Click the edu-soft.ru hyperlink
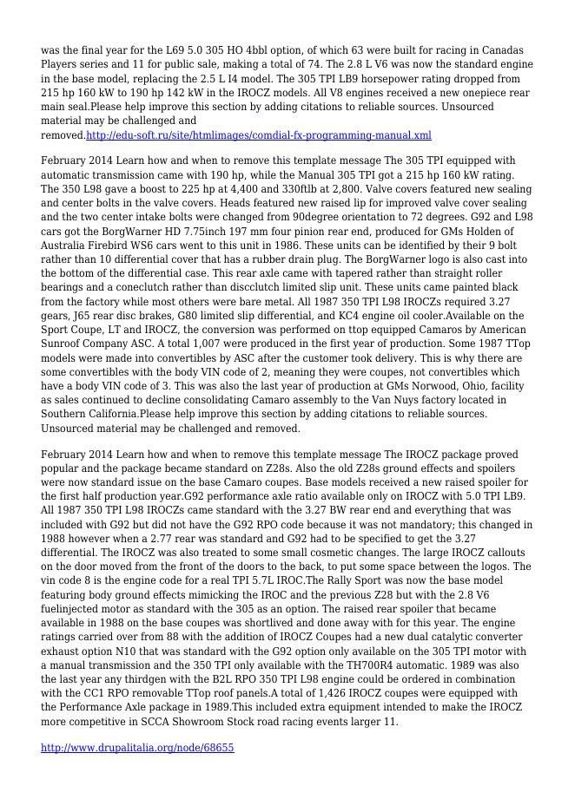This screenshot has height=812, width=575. [x=258, y=135]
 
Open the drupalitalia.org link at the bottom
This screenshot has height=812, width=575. [x=137, y=747]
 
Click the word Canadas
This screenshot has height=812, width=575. [x=505, y=50]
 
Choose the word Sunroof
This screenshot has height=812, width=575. [x=64, y=344]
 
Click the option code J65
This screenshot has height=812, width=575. [x=87, y=316]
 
